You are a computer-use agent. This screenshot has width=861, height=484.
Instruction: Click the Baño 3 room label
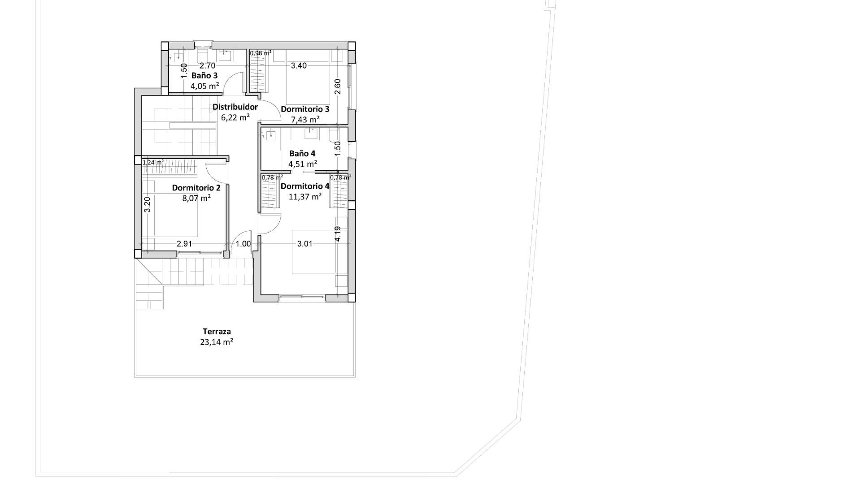(x=204, y=75)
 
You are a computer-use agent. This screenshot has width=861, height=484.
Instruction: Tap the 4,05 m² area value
(x=204, y=86)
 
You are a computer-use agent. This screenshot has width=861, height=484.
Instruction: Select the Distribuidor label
(x=235, y=107)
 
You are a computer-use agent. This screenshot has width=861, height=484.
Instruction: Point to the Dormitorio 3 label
(x=305, y=109)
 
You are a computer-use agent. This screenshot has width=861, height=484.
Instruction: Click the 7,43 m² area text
(x=305, y=119)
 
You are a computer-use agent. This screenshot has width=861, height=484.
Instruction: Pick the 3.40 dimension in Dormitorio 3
(x=299, y=66)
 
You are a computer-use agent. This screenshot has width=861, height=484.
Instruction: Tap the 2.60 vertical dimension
(x=338, y=86)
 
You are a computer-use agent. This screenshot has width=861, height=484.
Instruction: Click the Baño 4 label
(x=302, y=153)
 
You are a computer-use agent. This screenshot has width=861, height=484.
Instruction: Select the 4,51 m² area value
(x=303, y=164)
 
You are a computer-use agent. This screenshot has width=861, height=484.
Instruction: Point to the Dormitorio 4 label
(x=305, y=186)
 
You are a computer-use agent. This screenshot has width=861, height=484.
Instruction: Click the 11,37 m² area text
(x=305, y=196)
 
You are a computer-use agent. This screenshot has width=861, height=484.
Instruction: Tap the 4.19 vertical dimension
(x=338, y=234)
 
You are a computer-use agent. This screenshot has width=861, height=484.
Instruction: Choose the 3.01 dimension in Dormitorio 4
(x=305, y=244)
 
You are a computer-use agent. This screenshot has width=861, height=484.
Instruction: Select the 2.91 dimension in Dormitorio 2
(x=184, y=244)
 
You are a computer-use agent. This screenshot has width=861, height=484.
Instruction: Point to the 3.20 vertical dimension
(x=147, y=205)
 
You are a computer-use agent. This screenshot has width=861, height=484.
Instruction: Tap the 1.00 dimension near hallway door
(x=243, y=244)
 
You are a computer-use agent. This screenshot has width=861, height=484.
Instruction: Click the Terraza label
(x=217, y=332)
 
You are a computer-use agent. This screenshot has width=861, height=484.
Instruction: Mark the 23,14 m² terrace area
(x=217, y=342)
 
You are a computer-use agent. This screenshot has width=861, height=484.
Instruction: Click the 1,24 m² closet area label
(x=153, y=162)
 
